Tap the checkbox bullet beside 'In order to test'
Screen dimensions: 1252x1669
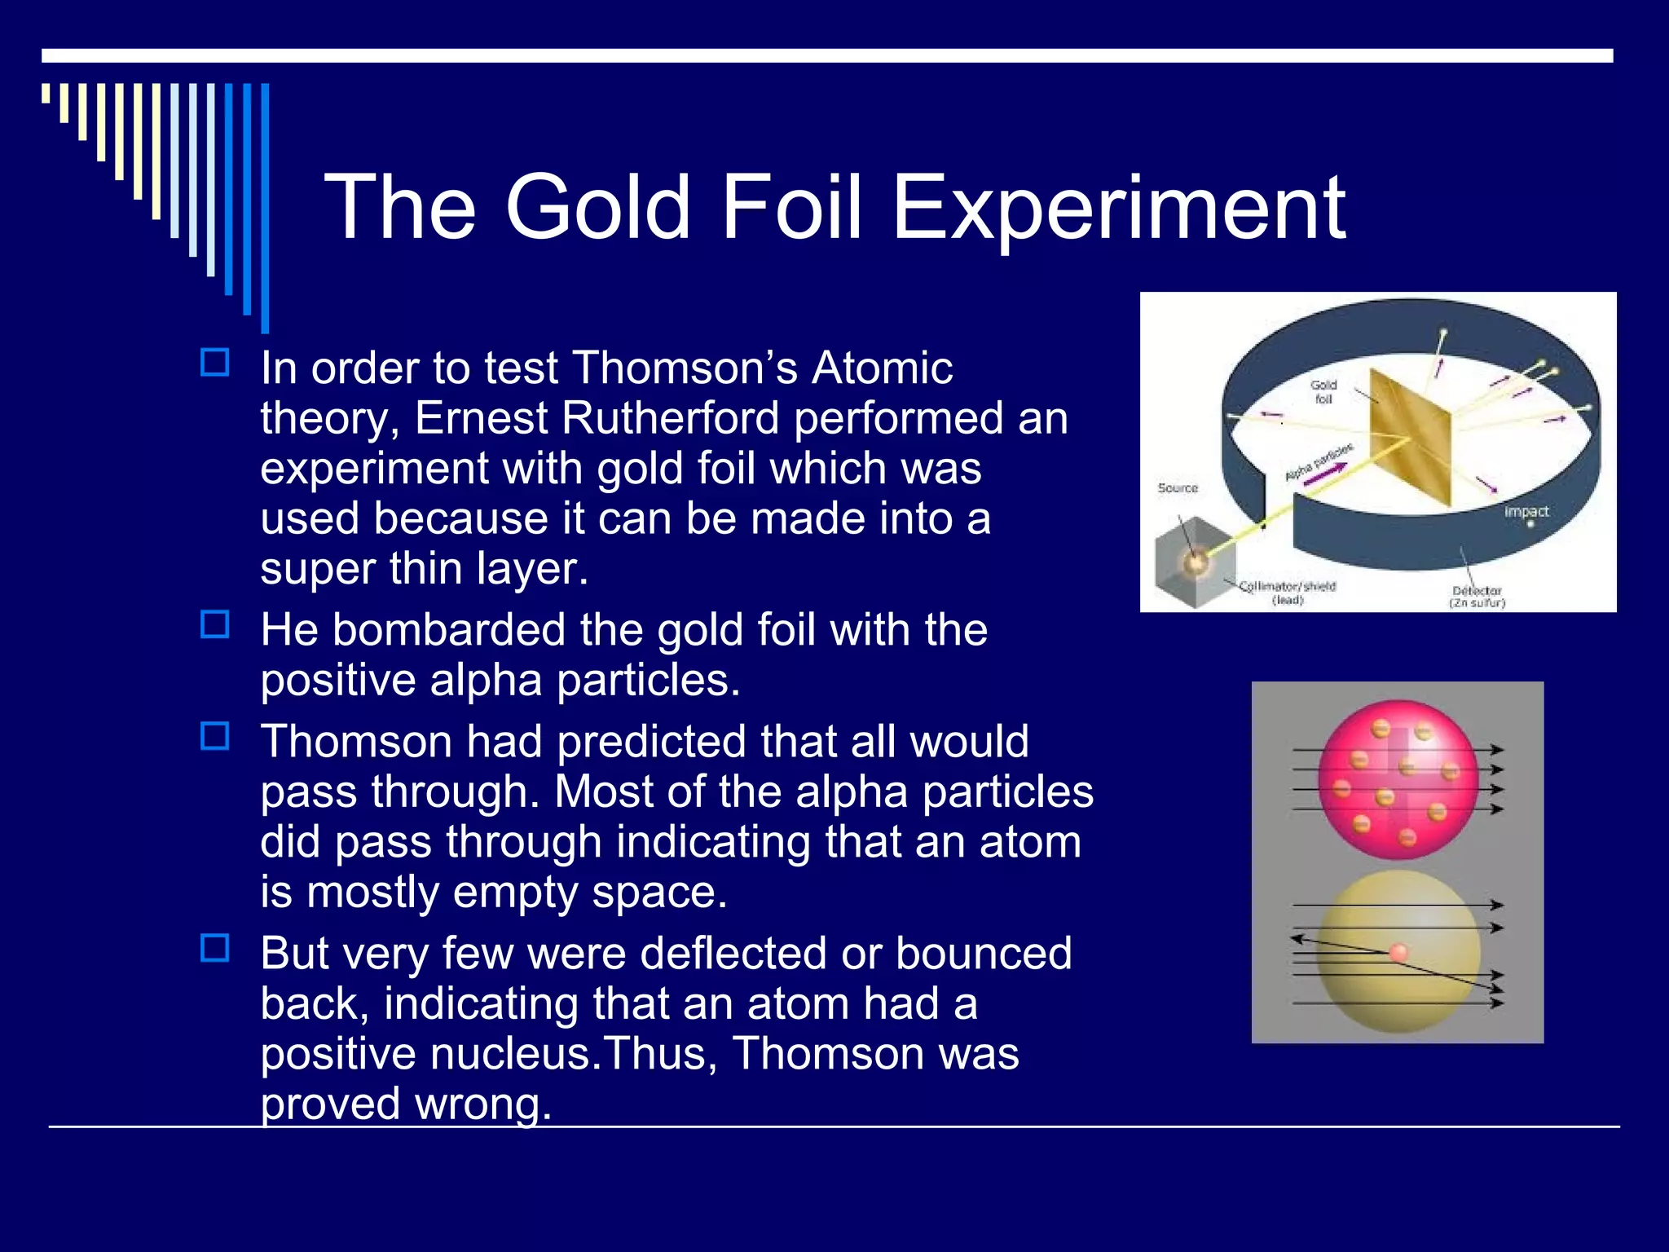[x=214, y=362]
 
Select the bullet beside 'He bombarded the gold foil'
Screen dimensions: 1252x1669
[x=214, y=624]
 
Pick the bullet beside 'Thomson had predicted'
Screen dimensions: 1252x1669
[x=214, y=736]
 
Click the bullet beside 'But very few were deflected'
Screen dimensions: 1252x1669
[x=214, y=948]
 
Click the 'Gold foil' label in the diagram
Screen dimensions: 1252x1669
[x=1323, y=391]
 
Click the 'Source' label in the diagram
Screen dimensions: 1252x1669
[x=1178, y=487]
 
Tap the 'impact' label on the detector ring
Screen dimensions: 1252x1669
[x=1526, y=511]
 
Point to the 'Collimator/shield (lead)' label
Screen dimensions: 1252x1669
[x=1288, y=593]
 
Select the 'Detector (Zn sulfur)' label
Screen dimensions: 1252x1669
[x=1477, y=596]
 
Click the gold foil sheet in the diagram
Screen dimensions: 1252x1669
[x=1410, y=440]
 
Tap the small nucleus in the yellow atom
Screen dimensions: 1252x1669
[x=1398, y=952]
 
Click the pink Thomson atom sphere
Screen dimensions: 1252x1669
[x=1398, y=780]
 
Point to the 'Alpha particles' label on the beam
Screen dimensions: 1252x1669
[x=1319, y=462]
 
